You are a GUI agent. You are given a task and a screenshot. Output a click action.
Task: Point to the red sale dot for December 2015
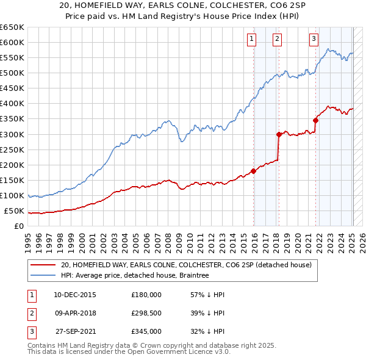(x=254, y=171)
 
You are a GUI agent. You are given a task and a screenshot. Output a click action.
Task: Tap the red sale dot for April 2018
(x=279, y=134)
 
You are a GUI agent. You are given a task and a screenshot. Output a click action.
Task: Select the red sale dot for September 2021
(x=316, y=120)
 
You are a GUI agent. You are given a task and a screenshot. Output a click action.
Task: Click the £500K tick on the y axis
(x=13, y=73)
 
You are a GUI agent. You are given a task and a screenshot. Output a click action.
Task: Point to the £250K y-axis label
(x=13, y=149)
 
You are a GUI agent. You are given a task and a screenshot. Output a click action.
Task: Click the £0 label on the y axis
(x=19, y=226)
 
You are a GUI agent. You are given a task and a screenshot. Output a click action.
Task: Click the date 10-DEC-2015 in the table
(x=75, y=294)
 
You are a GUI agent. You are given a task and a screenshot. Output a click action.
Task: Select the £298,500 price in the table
(x=146, y=313)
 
